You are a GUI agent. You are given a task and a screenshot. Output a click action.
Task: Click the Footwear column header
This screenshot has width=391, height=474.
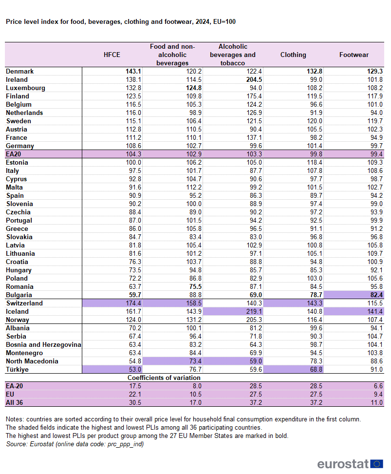tap(354, 55)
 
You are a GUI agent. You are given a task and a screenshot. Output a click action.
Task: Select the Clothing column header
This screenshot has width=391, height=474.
tap(293, 55)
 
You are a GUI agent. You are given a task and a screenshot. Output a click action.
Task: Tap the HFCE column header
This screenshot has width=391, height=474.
tap(112, 55)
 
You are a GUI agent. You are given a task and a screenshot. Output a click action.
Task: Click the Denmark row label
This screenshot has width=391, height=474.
tap(19, 71)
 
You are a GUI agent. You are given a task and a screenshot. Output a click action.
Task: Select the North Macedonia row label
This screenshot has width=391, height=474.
tap(32, 361)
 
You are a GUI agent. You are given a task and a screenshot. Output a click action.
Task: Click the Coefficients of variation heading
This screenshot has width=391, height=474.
tap(164, 378)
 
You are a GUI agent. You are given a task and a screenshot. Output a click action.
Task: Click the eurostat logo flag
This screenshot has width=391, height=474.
tap(376, 463)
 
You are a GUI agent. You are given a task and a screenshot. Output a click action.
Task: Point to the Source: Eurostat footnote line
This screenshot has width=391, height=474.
tap(75, 444)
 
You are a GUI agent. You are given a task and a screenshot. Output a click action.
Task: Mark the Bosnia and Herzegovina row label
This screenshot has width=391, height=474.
tap(43, 344)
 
